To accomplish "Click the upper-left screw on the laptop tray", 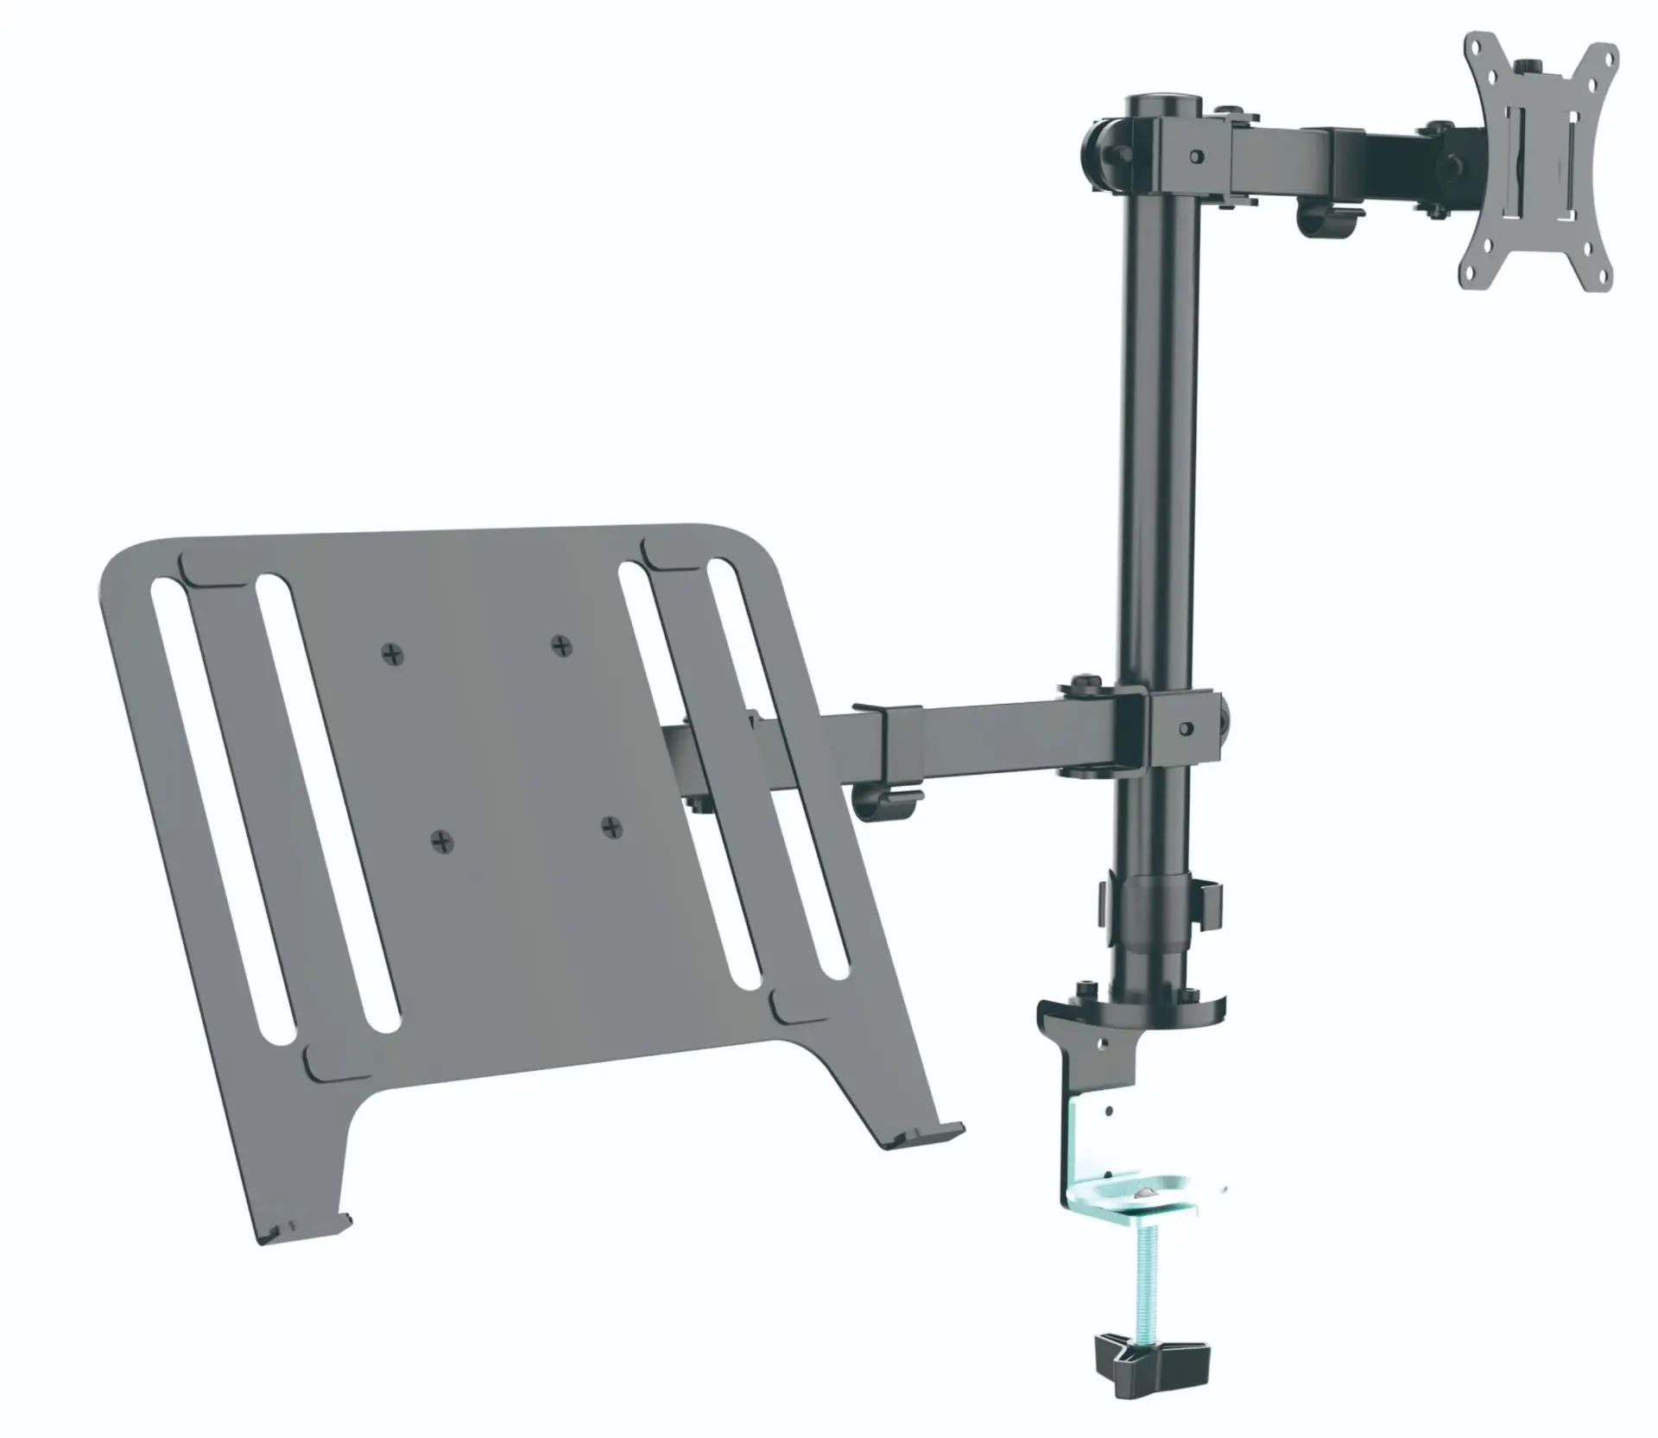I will pyautogui.click(x=393, y=654).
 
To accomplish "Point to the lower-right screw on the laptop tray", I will pyautogui.click(x=613, y=827).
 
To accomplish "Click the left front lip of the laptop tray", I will pyautogui.click(x=307, y=1230).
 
